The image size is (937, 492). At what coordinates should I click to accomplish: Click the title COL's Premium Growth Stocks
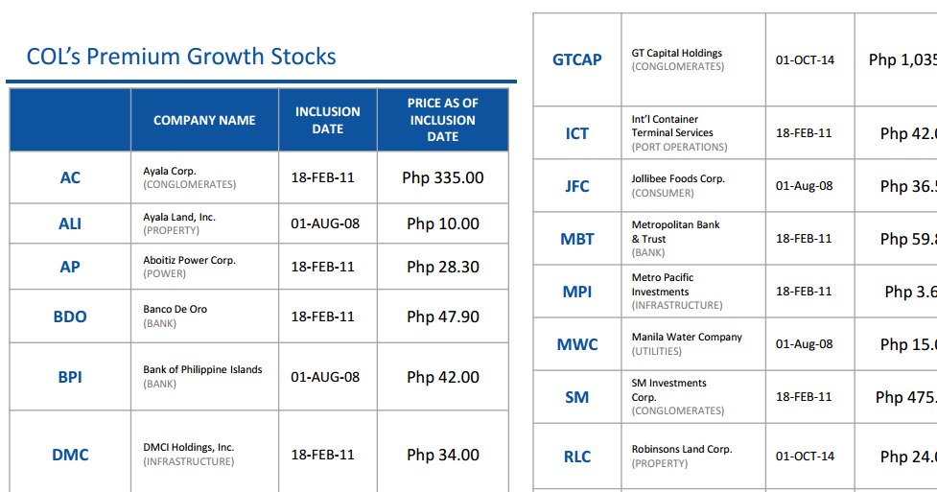point(181,57)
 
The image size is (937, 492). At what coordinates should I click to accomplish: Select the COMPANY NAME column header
point(204,120)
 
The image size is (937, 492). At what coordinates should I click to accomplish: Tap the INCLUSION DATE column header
point(327,120)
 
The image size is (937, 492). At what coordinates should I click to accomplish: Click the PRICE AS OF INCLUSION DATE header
point(442,120)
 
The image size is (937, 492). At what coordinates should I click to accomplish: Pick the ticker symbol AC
point(70,177)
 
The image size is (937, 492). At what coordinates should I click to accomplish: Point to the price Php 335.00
point(442,177)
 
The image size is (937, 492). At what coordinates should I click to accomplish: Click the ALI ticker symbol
point(70,223)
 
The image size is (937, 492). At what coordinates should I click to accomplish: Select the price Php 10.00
point(442,223)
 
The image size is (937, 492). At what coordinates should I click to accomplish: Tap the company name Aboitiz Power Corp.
point(189,260)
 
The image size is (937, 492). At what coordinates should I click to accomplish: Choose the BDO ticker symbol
point(70,316)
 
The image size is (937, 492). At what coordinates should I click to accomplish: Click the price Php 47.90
point(442,316)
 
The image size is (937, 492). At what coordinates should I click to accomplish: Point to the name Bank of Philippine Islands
point(202,369)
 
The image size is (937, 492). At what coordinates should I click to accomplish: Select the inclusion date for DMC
point(323,455)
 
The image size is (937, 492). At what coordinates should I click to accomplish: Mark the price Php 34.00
point(442,455)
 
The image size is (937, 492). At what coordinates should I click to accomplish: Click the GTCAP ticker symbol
point(577,59)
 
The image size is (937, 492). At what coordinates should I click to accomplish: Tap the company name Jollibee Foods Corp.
point(678,179)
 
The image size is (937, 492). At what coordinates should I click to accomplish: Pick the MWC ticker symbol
point(577,344)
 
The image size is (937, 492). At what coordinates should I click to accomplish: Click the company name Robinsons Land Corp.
point(681,449)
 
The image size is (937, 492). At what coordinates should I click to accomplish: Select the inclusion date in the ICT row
point(804,133)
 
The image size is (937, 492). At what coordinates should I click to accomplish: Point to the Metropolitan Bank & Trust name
point(675,231)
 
